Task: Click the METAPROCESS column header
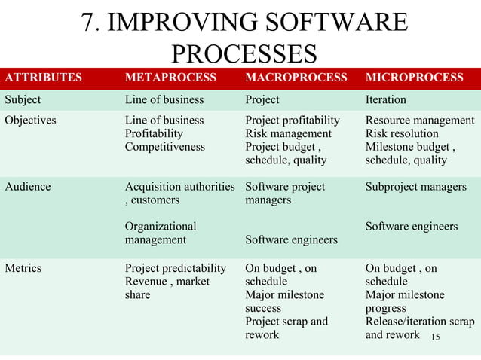(170, 78)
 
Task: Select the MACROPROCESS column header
(296, 78)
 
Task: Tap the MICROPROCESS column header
(414, 78)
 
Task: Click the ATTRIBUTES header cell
(44, 78)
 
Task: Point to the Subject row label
(23, 99)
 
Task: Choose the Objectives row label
(31, 121)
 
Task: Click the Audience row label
(28, 186)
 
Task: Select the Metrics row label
(24, 268)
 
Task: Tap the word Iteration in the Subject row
(386, 99)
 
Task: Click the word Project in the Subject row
(262, 99)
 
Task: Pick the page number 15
(434, 336)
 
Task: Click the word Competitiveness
(164, 147)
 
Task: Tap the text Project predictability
(175, 268)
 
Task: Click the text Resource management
(419, 121)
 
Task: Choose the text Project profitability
(293, 121)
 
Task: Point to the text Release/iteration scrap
(419, 322)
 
